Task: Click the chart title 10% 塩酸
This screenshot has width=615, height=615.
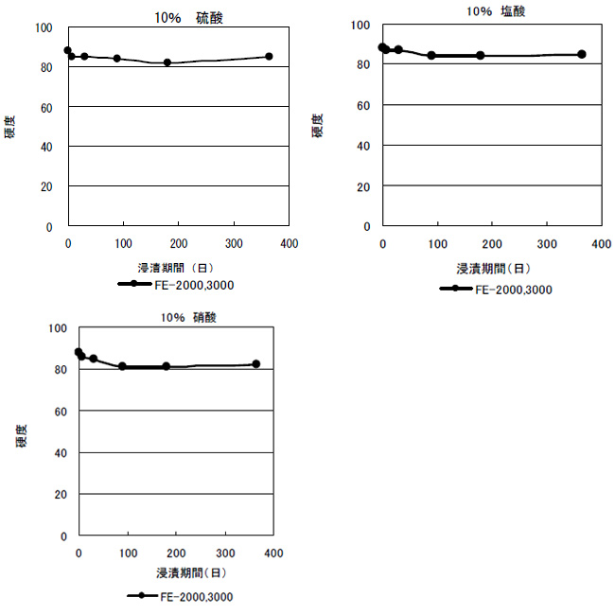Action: click(497, 11)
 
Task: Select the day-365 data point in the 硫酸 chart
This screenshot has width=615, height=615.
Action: click(269, 57)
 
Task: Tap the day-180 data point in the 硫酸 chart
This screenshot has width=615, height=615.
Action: click(167, 62)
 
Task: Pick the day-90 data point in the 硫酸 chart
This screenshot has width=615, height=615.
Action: click(117, 59)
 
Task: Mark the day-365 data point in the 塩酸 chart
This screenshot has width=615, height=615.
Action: click(581, 54)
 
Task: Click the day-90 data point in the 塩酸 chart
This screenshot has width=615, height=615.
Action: click(431, 56)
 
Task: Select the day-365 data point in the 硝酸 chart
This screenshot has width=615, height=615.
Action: click(255, 364)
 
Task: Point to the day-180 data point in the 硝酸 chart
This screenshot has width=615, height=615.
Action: click(167, 366)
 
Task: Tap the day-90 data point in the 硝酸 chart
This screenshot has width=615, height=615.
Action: click(122, 366)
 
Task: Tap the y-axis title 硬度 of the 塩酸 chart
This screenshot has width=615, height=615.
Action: click(319, 125)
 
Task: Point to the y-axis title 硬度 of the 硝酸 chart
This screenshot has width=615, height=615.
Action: click(20, 435)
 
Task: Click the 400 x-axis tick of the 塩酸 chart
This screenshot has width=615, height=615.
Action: click(601, 245)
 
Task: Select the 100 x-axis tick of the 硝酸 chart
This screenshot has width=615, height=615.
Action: click(128, 553)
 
